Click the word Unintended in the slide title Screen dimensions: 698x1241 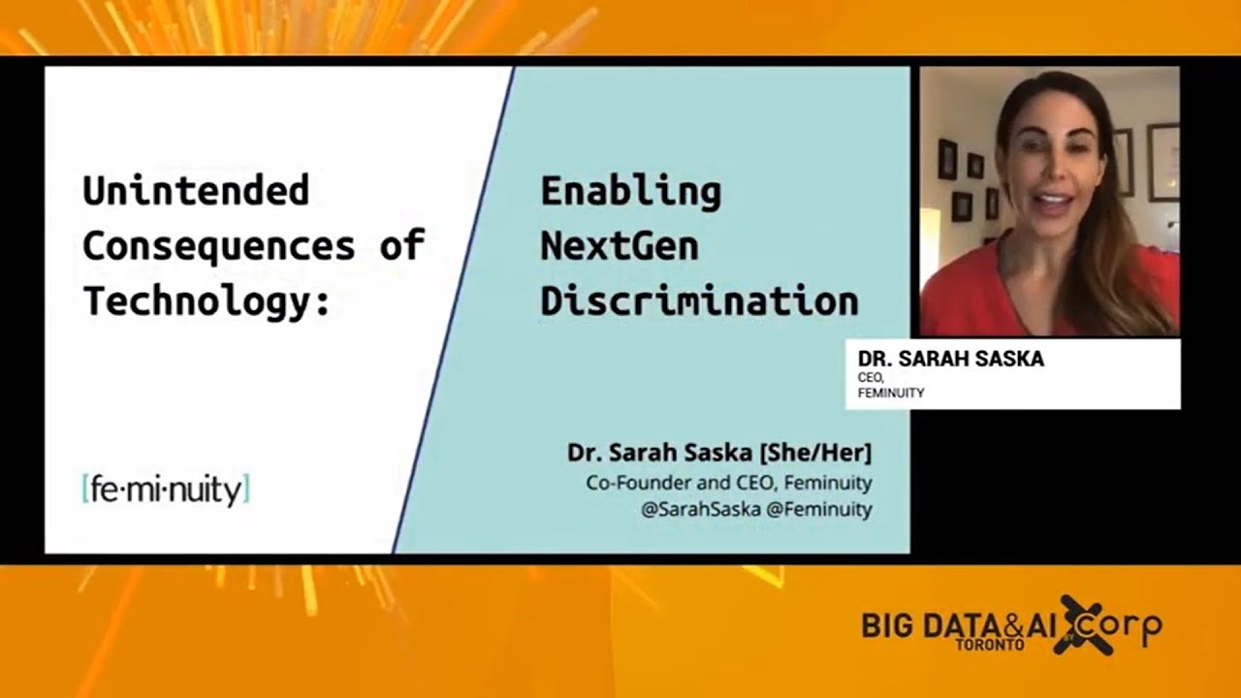pyautogui.click(x=195, y=191)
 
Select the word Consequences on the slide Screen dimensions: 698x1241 pyautogui.click(x=218, y=246)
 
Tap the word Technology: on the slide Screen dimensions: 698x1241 pyautogui.click(x=206, y=301)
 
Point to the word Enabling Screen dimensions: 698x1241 pyautogui.click(x=630, y=192)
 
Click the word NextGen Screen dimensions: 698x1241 pyautogui.click(x=619, y=246)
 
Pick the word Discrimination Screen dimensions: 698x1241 pyautogui.click(x=699, y=301)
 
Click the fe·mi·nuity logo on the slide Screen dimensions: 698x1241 pyautogui.click(x=166, y=491)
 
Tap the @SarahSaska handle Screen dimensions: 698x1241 pyautogui.click(x=700, y=509)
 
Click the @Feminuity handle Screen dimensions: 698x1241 pyautogui.click(x=819, y=509)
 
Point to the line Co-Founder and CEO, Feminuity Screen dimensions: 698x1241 pyautogui.click(x=728, y=482)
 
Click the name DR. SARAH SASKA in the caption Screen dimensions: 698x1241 pyautogui.click(x=950, y=360)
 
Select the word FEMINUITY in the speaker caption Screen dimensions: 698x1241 pyautogui.click(x=890, y=394)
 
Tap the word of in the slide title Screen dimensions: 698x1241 pyautogui.click(x=401, y=246)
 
